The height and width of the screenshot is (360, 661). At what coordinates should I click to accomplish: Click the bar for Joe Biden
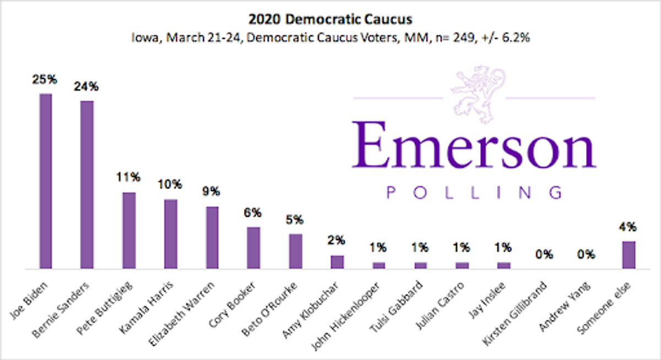pyautogui.click(x=45, y=181)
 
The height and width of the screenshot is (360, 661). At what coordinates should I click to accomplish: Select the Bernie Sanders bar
pyautogui.click(x=87, y=185)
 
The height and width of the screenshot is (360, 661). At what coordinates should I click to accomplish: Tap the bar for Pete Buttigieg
pyautogui.click(x=129, y=231)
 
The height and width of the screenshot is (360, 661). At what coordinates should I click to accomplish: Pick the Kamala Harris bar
pyautogui.click(x=171, y=234)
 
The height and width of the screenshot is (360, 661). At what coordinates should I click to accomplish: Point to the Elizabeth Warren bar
pyautogui.click(x=212, y=238)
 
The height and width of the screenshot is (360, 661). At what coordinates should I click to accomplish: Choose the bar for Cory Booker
pyautogui.click(x=253, y=248)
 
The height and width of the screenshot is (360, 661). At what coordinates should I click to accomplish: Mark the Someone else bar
pyautogui.click(x=629, y=255)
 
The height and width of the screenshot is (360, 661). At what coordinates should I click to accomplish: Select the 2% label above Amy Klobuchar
pyautogui.click(x=337, y=241)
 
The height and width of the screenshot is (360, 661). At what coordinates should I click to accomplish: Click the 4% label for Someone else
pyautogui.click(x=629, y=226)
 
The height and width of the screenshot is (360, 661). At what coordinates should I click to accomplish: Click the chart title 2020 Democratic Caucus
pyautogui.click(x=330, y=20)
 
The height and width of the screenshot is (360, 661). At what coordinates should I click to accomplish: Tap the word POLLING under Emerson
pyautogui.click(x=475, y=193)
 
